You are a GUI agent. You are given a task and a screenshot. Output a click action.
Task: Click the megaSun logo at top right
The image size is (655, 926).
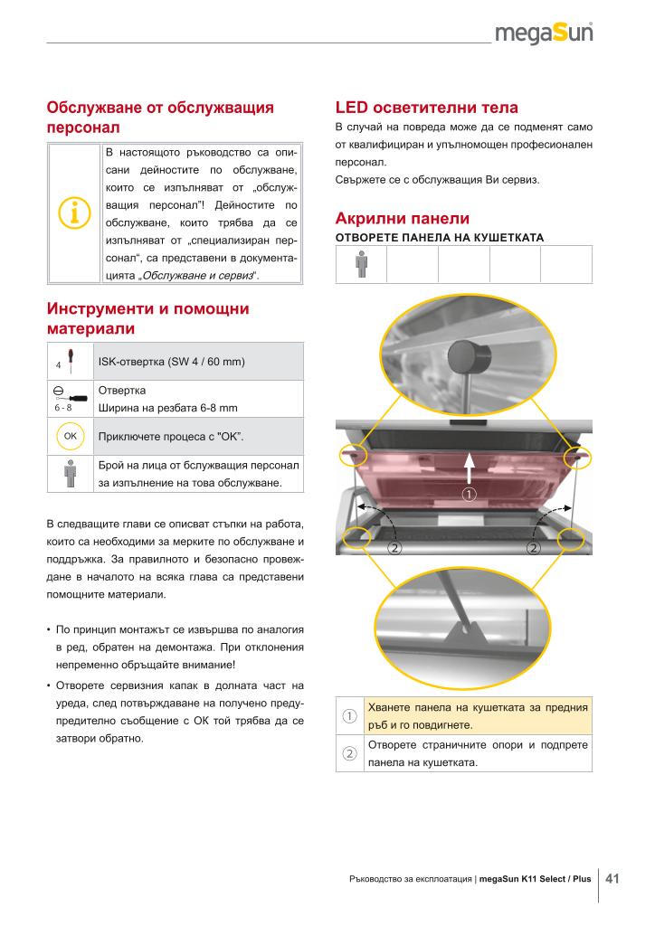[x=544, y=33]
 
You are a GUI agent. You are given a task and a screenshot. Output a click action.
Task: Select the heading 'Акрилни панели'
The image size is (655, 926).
[x=402, y=218]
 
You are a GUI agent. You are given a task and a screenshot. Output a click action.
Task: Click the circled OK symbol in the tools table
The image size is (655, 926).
[x=69, y=436]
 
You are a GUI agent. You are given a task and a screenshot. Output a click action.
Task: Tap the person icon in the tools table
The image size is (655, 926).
[x=70, y=474]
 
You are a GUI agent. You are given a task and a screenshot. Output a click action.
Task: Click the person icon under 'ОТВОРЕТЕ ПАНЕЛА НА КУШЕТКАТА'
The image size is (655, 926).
[x=361, y=264]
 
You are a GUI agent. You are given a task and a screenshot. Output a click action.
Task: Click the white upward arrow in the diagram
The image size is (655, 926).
[x=470, y=470]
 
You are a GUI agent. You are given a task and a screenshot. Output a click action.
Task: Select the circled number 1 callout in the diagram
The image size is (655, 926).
[x=470, y=494]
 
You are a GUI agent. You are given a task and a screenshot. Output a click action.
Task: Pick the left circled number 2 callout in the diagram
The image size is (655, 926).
[x=394, y=548]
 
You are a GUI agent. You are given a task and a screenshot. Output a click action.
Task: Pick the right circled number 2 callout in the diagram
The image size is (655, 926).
[x=534, y=548]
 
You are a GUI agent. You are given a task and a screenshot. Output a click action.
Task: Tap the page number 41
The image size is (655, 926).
[x=612, y=878]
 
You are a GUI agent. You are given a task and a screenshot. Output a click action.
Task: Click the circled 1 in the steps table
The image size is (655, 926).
[x=348, y=716]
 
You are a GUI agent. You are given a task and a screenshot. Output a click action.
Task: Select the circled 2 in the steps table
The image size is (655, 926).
[x=348, y=754]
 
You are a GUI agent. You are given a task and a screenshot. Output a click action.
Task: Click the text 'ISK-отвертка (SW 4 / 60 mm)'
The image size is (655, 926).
[x=173, y=362]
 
